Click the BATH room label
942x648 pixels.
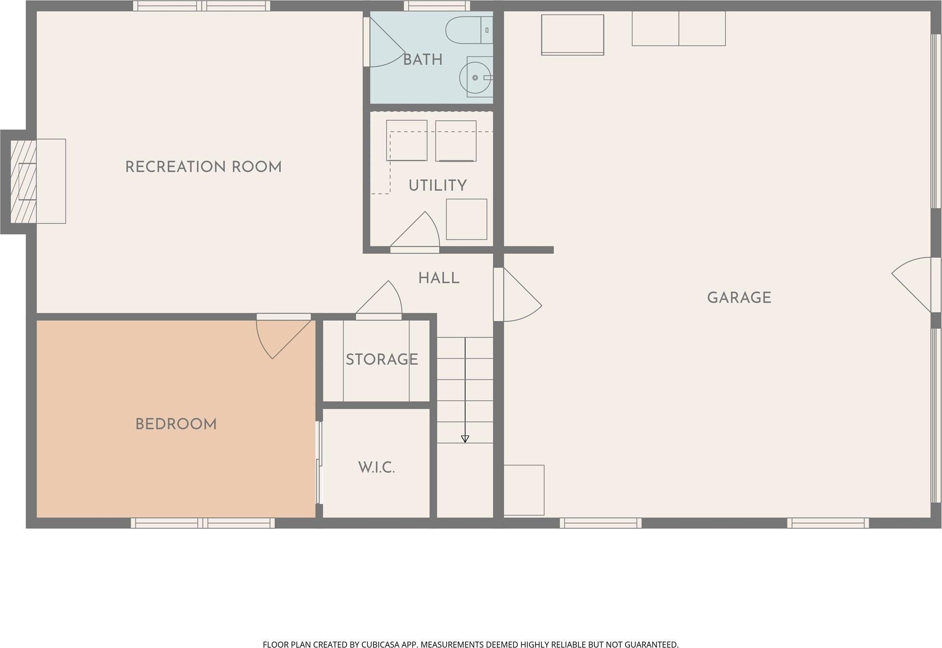click(423, 60)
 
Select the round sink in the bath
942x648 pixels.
click(475, 78)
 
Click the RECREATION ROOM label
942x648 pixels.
click(203, 167)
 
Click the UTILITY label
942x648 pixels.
click(437, 185)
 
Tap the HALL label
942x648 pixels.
click(439, 278)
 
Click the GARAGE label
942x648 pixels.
click(739, 298)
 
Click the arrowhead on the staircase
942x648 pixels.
click(465, 439)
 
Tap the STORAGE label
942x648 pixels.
click(382, 360)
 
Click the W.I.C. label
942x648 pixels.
click(376, 468)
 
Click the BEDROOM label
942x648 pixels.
click(176, 425)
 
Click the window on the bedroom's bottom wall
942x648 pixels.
click(203, 523)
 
